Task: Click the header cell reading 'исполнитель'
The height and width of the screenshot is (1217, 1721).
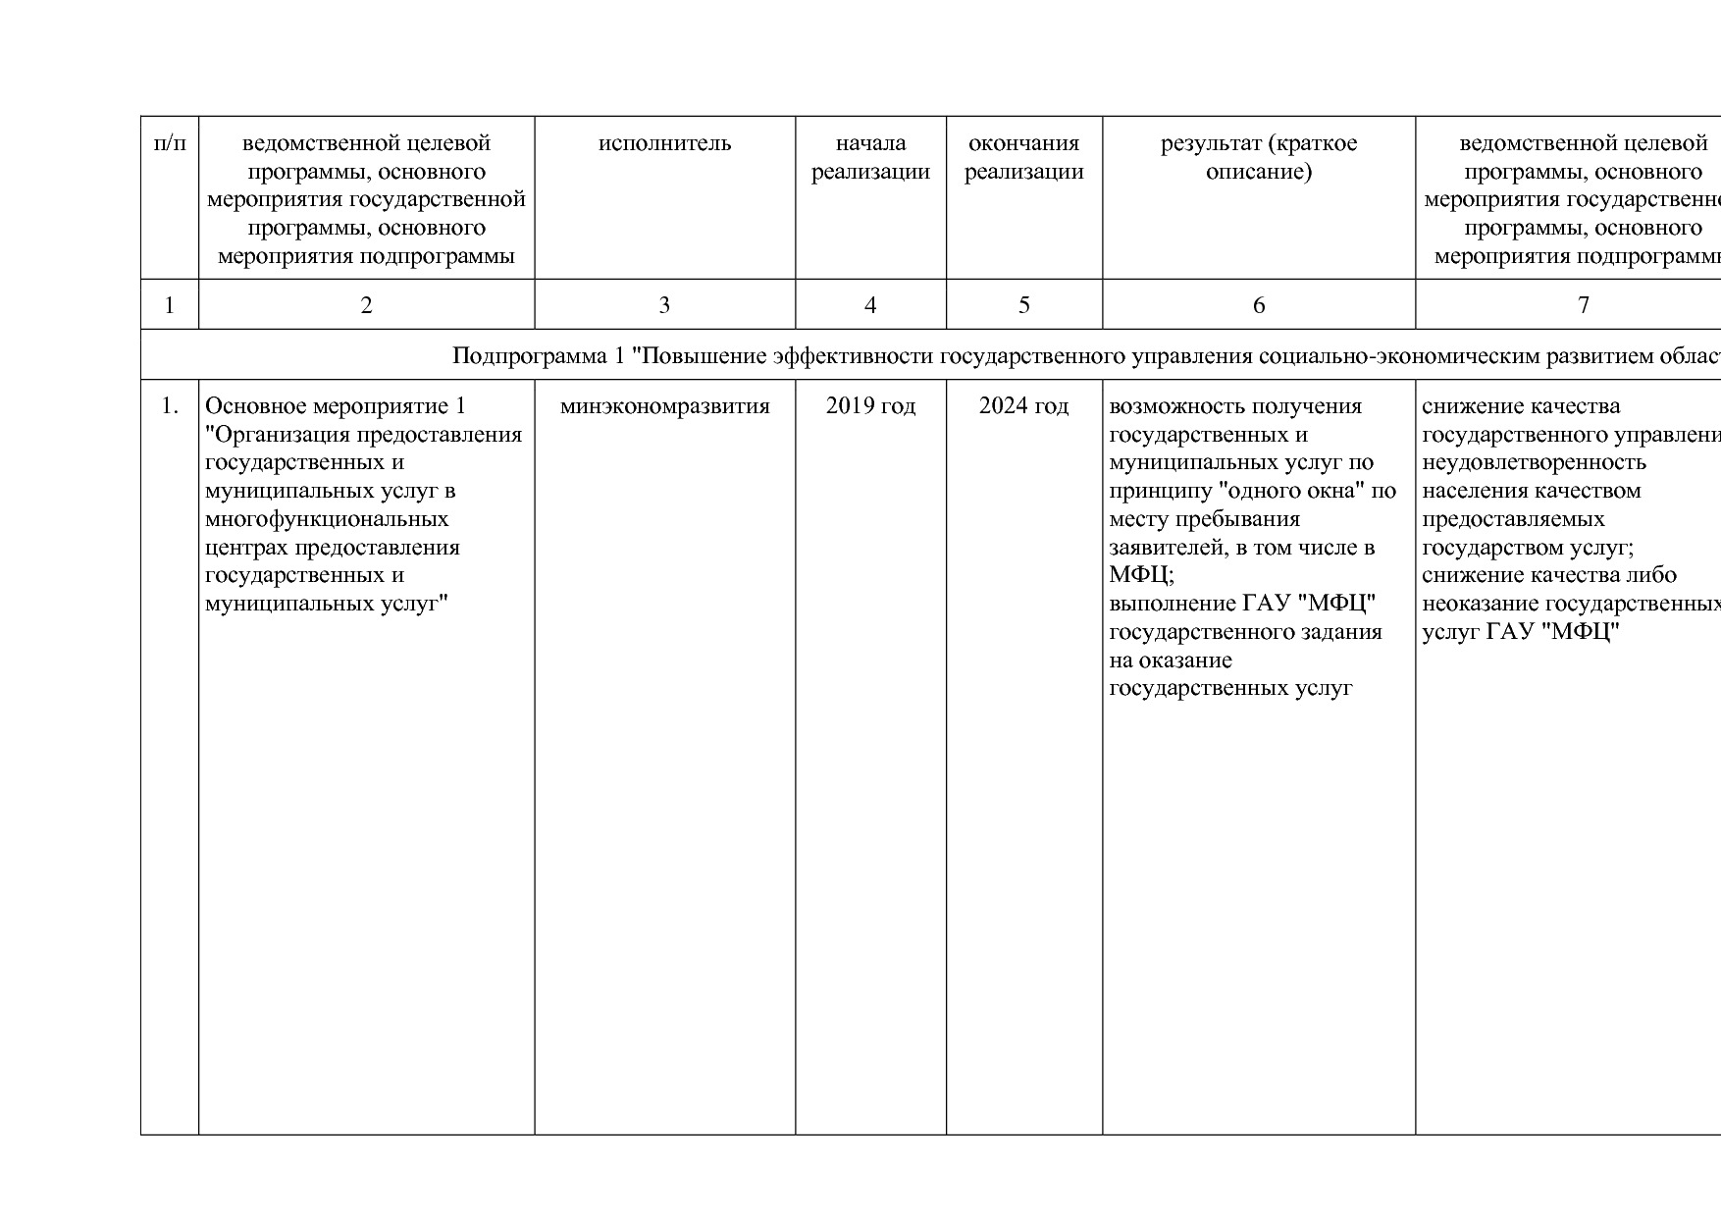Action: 664,143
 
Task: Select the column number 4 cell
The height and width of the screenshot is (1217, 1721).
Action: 869,305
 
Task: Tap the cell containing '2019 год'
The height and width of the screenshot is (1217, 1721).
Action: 870,406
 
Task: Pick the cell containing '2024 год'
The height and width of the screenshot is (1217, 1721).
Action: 1023,406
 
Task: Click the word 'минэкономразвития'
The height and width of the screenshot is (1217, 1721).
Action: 664,406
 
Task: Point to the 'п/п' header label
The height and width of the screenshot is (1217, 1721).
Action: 170,143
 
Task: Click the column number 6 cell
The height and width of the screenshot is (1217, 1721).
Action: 1258,305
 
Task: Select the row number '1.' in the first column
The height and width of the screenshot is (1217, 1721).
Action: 170,406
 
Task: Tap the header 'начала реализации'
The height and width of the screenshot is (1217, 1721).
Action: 870,158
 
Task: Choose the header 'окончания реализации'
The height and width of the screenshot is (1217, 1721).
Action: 1023,158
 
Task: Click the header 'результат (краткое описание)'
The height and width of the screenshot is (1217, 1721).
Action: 1258,158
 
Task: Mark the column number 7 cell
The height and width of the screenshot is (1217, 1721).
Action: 1582,305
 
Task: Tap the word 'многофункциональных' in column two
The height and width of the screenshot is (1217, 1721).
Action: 327,519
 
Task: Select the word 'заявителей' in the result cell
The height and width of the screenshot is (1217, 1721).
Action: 1169,548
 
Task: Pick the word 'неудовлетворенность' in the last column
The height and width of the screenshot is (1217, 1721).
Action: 1534,462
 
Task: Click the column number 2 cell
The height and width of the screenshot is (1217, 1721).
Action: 366,305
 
